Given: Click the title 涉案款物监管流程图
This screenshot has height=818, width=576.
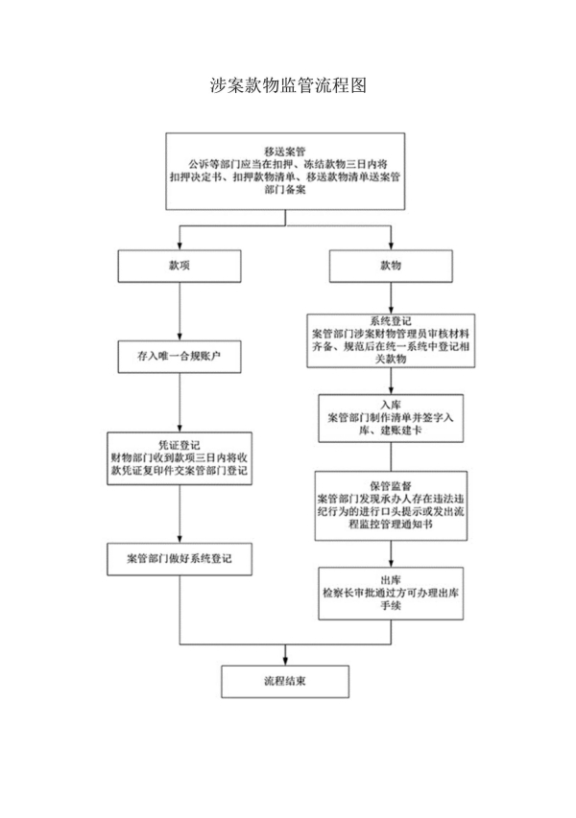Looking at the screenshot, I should pyautogui.click(x=287, y=86).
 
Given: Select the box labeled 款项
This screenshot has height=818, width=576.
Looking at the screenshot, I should pyautogui.click(x=180, y=266).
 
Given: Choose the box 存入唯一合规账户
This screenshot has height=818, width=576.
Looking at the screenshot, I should pyautogui.click(x=180, y=356).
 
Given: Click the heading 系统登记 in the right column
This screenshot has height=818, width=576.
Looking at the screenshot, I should pyautogui.click(x=390, y=321).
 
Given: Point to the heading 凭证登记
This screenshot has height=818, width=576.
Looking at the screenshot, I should pyautogui.click(x=180, y=444).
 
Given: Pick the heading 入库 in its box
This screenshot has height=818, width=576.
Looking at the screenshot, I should pyautogui.click(x=390, y=405).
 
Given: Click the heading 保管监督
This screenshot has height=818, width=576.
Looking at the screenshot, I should pyautogui.click(x=390, y=486).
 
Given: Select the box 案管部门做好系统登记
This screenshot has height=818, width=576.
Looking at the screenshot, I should pyautogui.click(x=180, y=557).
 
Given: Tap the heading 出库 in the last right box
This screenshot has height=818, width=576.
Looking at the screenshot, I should pyautogui.click(x=390, y=579).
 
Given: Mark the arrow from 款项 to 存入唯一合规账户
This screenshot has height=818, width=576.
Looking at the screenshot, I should pyautogui.click(x=180, y=311).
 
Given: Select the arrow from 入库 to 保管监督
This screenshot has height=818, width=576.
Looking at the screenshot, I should pyautogui.click(x=390, y=456).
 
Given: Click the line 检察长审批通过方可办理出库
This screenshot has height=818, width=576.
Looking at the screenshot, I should pyautogui.click(x=390, y=594).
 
